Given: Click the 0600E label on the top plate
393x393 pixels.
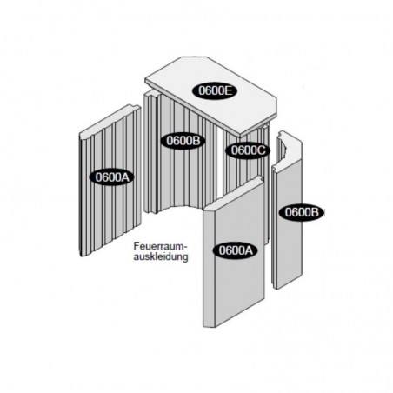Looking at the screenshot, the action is point(215,90).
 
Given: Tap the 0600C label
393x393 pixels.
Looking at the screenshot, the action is point(248,150).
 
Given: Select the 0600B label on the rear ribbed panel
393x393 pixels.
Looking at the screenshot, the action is point(183,141).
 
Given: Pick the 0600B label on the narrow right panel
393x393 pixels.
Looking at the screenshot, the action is point(302,212).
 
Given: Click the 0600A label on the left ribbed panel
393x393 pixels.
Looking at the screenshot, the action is point(112,177).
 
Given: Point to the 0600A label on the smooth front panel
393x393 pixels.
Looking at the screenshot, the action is point(236,250).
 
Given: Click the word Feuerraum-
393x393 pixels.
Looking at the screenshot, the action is point(159,246).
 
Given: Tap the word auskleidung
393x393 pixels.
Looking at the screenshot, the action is point(161,256).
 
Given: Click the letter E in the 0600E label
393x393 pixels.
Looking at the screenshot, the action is point(228,90).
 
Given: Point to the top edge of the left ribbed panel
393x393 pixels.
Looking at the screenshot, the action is point(110,119).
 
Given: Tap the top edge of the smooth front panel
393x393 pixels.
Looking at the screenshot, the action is point(234,192).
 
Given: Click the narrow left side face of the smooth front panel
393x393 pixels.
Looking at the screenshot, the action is point(209,268).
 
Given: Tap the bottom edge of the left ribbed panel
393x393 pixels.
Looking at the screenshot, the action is point(110,241).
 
